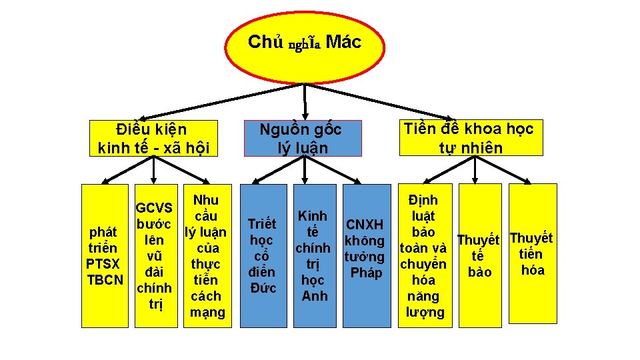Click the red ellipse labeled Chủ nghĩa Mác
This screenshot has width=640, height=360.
(305, 43)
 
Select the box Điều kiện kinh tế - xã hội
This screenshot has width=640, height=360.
(154, 138)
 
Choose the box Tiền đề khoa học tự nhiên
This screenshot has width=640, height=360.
(469, 137)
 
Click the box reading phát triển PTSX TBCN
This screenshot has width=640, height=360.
(105, 256)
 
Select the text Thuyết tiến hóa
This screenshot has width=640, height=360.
(532, 253)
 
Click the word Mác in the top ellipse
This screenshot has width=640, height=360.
(345, 43)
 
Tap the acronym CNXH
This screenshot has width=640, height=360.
(366, 225)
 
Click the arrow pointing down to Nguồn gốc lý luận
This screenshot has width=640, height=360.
(305, 107)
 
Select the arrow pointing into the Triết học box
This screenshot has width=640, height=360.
(255, 177)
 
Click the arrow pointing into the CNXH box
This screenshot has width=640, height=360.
(357, 177)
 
